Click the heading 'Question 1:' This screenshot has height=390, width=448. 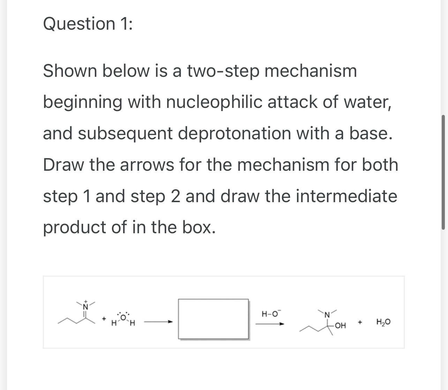[x=88, y=24]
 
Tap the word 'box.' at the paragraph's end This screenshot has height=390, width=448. [x=199, y=227]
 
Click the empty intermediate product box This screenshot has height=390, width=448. [x=214, y=319]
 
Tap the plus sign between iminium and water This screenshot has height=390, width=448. [x=104, y=319]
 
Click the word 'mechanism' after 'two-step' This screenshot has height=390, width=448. [x=311, y=71]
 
